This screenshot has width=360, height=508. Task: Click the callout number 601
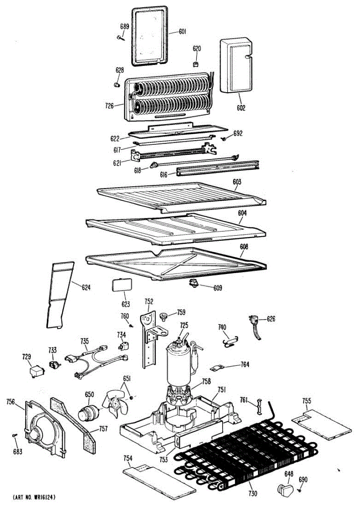[x=182, y=31]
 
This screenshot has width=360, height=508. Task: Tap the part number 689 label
[x=124, y=27]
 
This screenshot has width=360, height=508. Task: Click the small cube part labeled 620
[x=196, y=64]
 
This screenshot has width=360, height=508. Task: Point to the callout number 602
[x=240, y=108]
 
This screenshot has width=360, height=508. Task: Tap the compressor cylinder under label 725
[x=179, y=360]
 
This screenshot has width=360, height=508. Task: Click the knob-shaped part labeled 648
[x=285, y=490]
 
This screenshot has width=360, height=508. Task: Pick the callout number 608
[x=244, y=247]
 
